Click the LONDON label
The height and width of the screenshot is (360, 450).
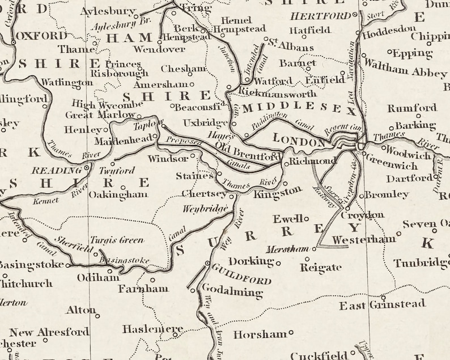tap(299, 139)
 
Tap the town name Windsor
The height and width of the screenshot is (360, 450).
tap(168, 159)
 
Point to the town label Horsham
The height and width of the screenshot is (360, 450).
tap(260, 334)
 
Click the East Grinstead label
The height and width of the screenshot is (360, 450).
tap(382, 305)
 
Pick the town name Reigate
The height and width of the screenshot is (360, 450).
tap(321, 268)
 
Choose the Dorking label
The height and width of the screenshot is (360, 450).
tap(252, 261)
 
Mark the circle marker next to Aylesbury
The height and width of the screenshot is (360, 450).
tap(140, 12)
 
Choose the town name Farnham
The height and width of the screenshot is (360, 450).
tap(143, 289)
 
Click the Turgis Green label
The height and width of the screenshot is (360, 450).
tap(117, 240)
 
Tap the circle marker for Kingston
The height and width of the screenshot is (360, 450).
tap(285, 183)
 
